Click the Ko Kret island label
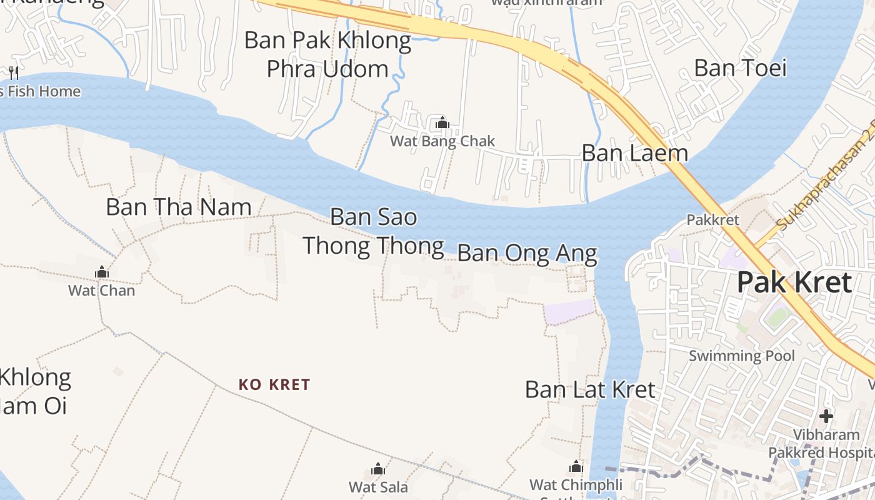tap(274, 384)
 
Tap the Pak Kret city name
tap(794, 282)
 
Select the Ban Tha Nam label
tap(179, 207)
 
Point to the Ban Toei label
tap(740, 67)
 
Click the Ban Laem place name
tap(634, 153)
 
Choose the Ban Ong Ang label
tap(527, 254)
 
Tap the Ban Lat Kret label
tap(590, 389)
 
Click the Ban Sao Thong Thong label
tap(374, 232)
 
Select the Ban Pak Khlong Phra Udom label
tap(327, 54)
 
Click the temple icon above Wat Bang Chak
tap(442, 122)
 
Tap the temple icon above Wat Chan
tap(101, 272)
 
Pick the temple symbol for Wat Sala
tap(378, 469)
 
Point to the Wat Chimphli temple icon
tap(576, 466)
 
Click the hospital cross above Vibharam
tap(826, 416)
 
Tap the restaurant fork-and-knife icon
tap(14, 73)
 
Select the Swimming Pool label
tap(741, 356)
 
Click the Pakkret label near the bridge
tap(712, 220)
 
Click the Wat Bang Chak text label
tap(442, 141)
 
